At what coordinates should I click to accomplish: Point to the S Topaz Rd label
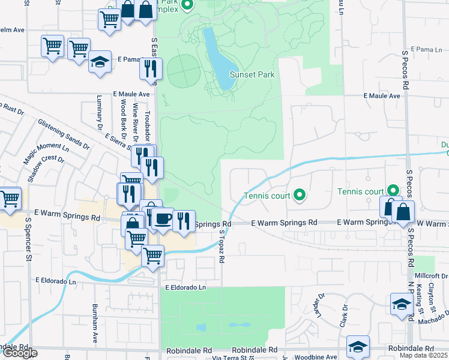tap(221, 247)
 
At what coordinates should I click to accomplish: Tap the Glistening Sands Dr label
tap(64, 134)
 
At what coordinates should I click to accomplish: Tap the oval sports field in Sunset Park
tap(182, 71)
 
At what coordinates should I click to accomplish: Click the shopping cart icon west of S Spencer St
tap(10, 199)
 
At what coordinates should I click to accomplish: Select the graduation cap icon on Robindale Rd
tap(358, 346)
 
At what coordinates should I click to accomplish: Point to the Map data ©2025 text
tap(424, 355)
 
